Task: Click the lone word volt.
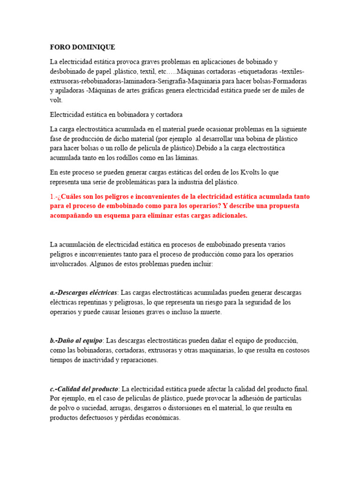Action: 56,100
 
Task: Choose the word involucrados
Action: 67,263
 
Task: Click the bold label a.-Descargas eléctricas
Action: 83,292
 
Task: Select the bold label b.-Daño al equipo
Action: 76,341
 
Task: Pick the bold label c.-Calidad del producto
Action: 84,389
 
